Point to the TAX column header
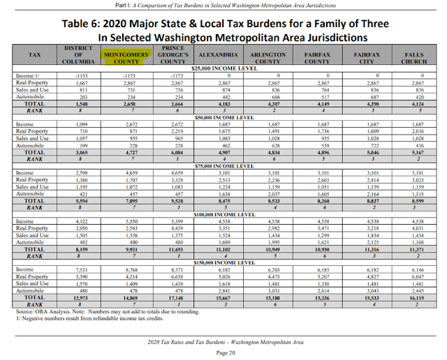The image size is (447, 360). pyautogui.click(x=35, y=54)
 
